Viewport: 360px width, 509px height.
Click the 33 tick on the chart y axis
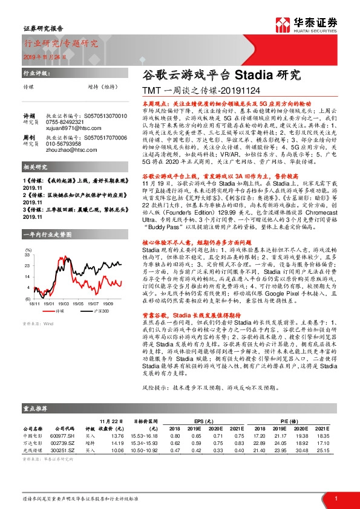tap(27, 256)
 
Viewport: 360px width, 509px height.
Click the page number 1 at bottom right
tap(335, 498)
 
